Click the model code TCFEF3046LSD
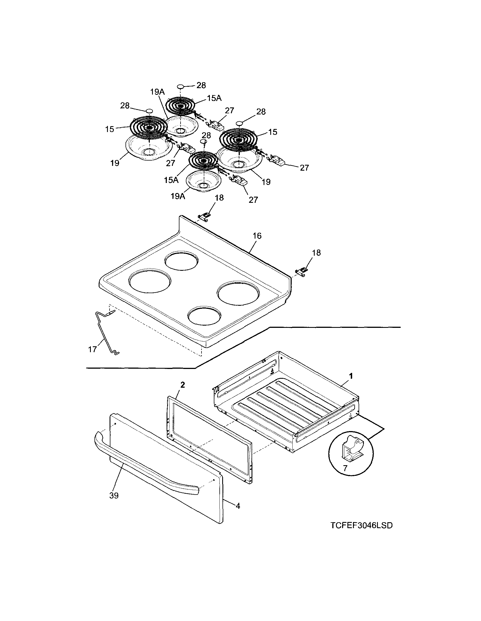[361, 525]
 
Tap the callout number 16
[257, 236]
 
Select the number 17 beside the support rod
[93, 349]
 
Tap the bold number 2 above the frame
[183, 385]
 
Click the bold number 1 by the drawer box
[351, 376]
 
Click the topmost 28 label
[201, 85]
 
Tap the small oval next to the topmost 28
[181, 86]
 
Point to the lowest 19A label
[178, 196]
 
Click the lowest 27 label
[253, 200]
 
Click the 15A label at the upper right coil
[214, 98]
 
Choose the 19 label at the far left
[115, 164]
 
